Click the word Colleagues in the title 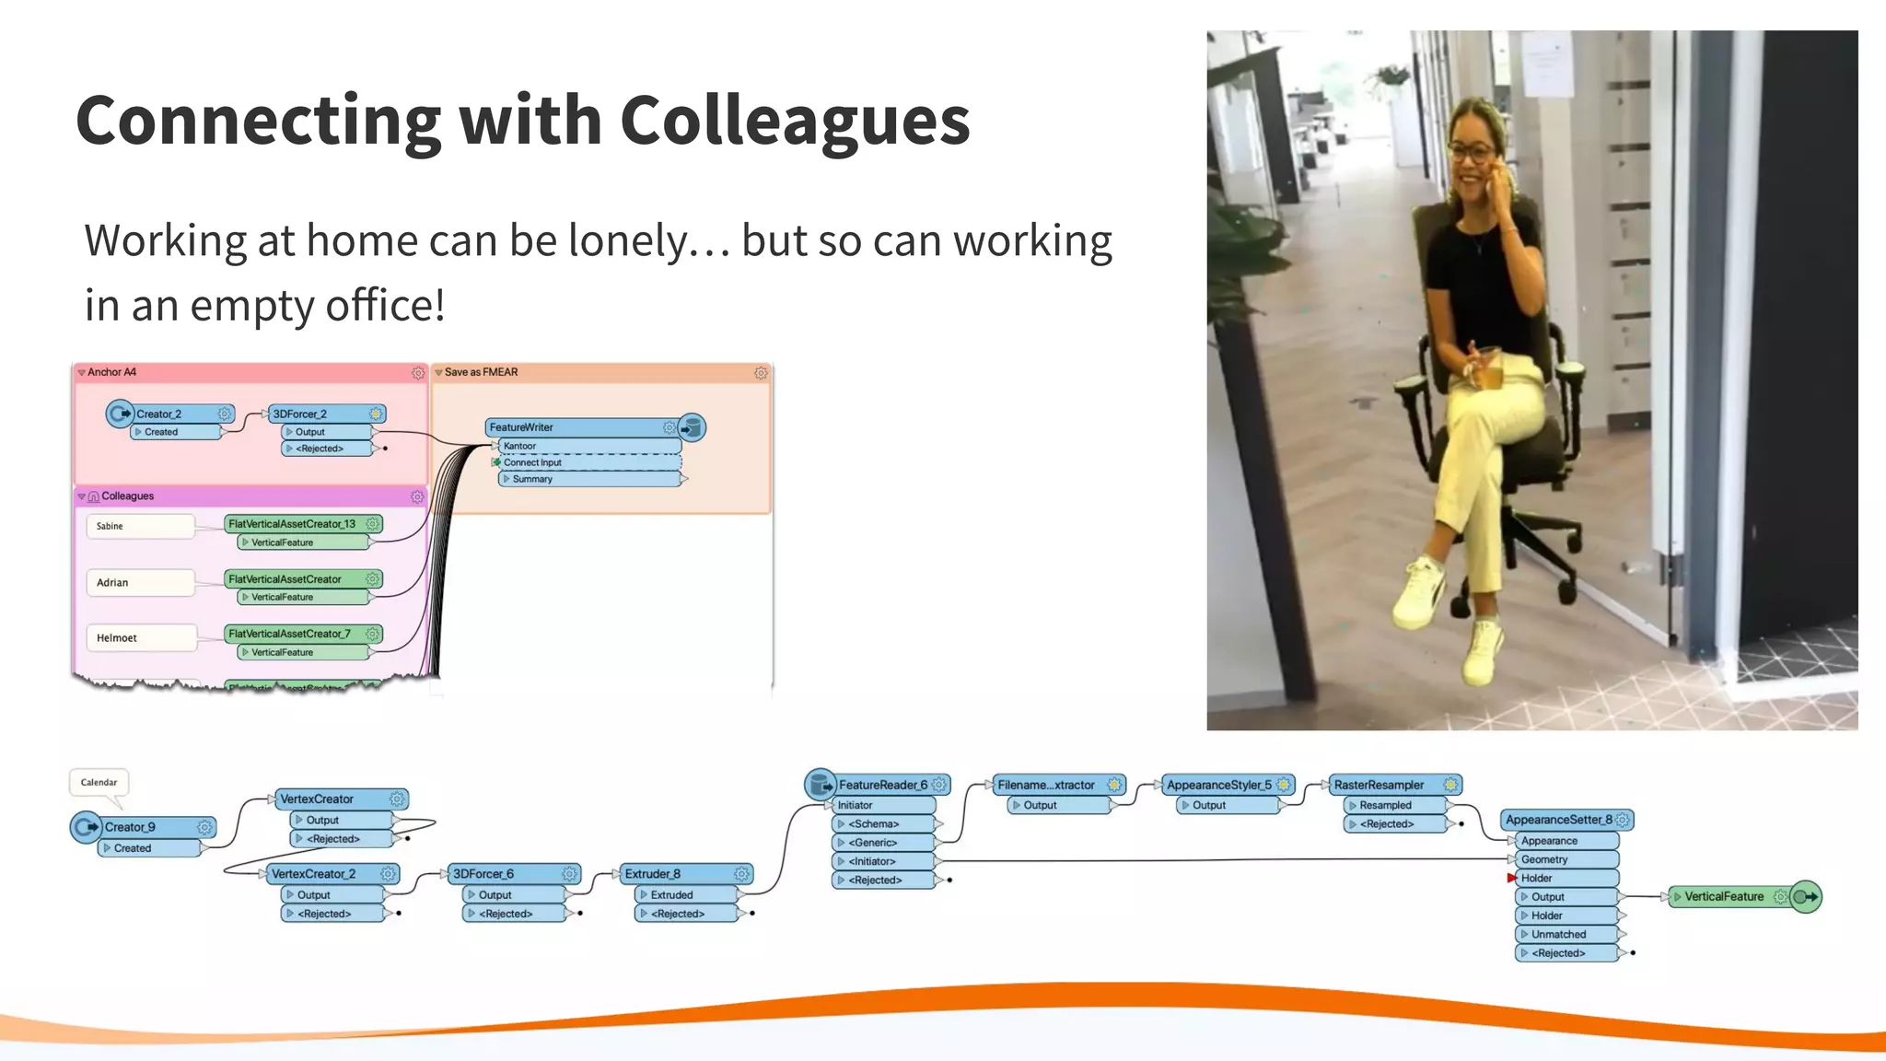tap(795, 121)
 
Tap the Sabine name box tap(140, 526)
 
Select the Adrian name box tap(140, 582)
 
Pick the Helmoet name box tap(141, 637)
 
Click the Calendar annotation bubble tap(99, 783)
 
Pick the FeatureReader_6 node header tap(882, 785)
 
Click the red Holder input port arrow tap(1511, 879)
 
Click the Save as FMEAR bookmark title tap(481, 372)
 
